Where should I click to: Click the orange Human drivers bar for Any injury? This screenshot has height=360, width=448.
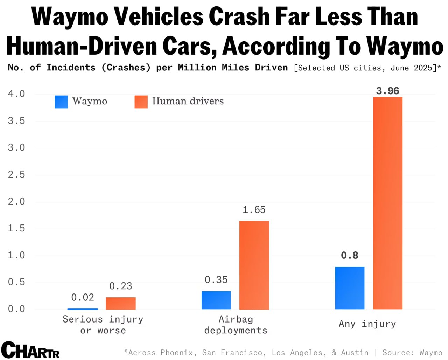388,203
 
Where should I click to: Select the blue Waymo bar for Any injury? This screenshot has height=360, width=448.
350,288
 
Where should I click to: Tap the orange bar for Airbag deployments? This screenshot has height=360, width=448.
254,265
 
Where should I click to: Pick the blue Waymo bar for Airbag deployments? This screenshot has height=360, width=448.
216,300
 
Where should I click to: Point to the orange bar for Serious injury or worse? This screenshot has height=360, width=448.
121,303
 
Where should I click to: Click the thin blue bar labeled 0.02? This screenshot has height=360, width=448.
83,309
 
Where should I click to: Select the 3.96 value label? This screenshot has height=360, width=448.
387,91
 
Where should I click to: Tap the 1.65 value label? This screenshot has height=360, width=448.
254,210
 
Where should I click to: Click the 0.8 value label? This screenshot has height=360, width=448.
350,255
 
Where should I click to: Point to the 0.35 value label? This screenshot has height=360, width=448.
216,280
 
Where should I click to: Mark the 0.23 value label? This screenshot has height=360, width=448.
121,286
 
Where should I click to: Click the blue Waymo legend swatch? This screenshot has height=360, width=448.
61,102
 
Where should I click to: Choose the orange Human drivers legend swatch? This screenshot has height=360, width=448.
141,102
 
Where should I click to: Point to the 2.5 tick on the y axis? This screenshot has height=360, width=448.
16,174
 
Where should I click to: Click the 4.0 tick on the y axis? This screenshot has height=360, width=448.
16,94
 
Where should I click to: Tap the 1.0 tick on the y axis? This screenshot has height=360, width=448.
16,255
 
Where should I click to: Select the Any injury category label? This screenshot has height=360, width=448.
367,324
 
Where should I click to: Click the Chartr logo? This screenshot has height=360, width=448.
30,350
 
